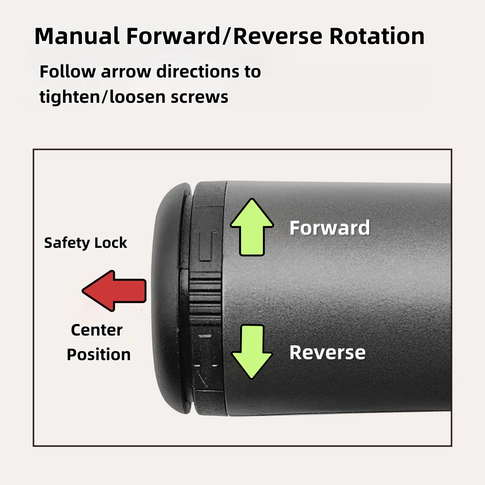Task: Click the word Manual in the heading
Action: tap(77, 36)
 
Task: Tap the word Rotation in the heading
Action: tap(377, 36)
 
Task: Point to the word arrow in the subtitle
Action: tap(126, 72)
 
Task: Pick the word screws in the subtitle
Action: tap(199, 97)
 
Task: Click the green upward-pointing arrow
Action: tap(252, 227)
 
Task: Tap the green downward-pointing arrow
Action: tap(252, 352)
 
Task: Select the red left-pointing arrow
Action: tap(114, 291)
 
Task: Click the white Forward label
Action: tap(329, 228)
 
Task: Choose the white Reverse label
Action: tap(327, 353)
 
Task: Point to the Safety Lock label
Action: tap(85, 243)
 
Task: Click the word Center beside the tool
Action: tap(97, 330)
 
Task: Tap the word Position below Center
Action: tap(98, 355)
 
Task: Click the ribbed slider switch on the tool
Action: tap(205, 298)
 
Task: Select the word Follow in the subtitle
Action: tap(67, 71)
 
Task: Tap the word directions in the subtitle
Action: tap(198, 71)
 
